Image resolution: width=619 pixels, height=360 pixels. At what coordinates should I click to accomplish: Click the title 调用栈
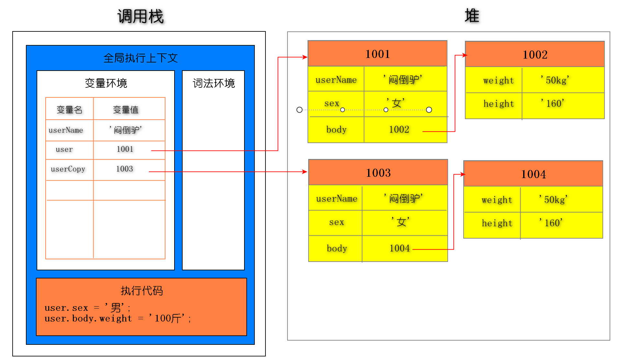click(x=141, y=17)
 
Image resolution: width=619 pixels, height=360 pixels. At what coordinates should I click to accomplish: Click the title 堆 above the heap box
click(x=472, y=16)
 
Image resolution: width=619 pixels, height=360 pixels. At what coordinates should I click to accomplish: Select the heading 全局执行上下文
click(x=141, y=58)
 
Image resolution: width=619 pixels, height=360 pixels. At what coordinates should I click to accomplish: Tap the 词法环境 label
click(x=214, y=83)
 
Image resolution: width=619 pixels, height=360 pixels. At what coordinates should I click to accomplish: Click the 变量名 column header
click(x=69, y=110)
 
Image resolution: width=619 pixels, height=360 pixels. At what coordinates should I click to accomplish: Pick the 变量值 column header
click(x=126, y=110)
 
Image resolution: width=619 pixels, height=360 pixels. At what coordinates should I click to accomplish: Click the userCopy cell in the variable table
click(x=68, y=169)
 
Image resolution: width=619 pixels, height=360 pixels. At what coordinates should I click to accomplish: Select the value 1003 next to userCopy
click(x=125, y=169)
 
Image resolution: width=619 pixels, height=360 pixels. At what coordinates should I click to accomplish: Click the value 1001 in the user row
click(x=125, y=149)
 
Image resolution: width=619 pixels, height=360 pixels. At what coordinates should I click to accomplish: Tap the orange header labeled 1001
click(x=377, y=54)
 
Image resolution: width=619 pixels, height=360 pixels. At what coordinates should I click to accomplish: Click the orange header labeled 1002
click(x=535, y=55)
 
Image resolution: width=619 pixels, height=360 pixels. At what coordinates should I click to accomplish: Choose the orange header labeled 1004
click(x=533, y=174)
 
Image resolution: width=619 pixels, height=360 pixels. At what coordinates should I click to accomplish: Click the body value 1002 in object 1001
click(x=399, y=129)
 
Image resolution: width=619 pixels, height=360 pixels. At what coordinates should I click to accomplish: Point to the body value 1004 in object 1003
click(x=400, y=248)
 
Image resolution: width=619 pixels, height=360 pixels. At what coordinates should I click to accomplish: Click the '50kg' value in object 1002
click(x=555, y=80)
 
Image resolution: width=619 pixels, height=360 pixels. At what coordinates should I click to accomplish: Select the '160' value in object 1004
click(x=551, y=223)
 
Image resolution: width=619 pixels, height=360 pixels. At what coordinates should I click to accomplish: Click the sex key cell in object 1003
click(x=336, y=222)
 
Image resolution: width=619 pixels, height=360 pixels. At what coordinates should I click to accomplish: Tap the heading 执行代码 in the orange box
click(x=141, y=291)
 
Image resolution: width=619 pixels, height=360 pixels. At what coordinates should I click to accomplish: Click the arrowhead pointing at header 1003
click(x=305, y=172)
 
